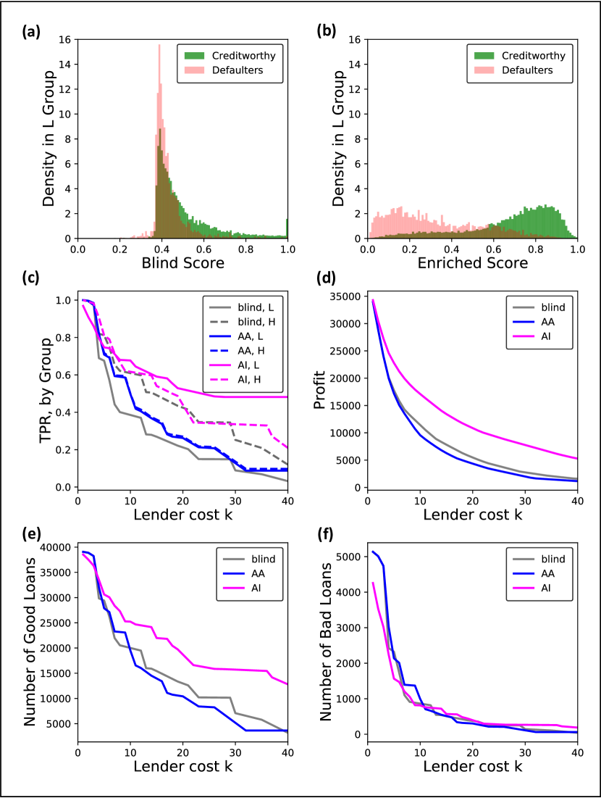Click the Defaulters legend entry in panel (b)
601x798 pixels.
[522, 70]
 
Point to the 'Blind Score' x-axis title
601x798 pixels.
[182, 265]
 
